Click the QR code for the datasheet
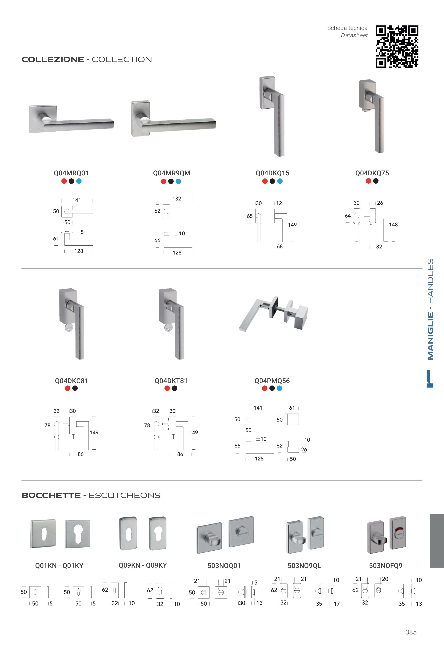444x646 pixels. tap(397, 47)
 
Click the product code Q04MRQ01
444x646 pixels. tap(71, 173)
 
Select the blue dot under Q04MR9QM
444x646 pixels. tap(178, 181)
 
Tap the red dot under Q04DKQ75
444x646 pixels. tap(368, 181)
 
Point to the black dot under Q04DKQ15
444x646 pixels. tap(272, 181)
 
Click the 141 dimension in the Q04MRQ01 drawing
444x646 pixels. tap(77, 200)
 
